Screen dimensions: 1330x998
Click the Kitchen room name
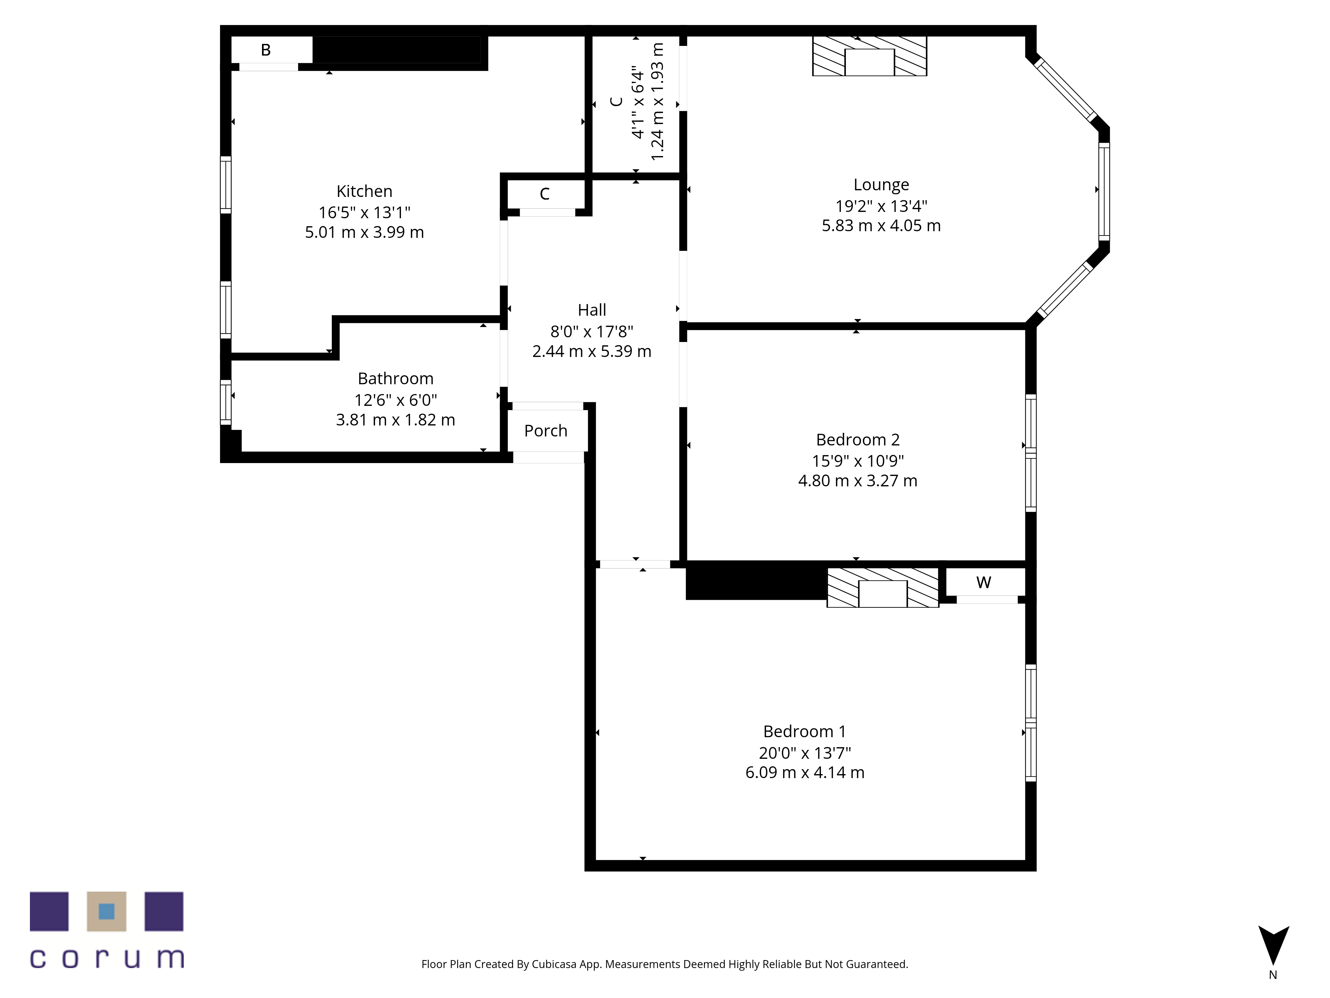point(364,191)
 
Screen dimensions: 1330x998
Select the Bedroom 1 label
point(805,732)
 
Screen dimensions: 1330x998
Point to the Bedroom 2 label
point(858,440)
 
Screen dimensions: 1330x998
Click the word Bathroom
point(396,378)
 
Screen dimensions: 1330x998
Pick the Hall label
point(592,310)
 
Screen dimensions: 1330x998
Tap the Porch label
point(545,431)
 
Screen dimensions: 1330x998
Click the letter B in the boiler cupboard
point(266,50)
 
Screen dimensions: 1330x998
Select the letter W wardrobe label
point(984,582)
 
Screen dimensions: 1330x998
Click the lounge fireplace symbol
point(869,56)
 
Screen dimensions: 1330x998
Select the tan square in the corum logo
point(106,912)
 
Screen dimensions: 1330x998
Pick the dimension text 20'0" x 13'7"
point(805,752)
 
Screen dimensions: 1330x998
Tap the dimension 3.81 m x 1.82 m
point(396,420)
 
